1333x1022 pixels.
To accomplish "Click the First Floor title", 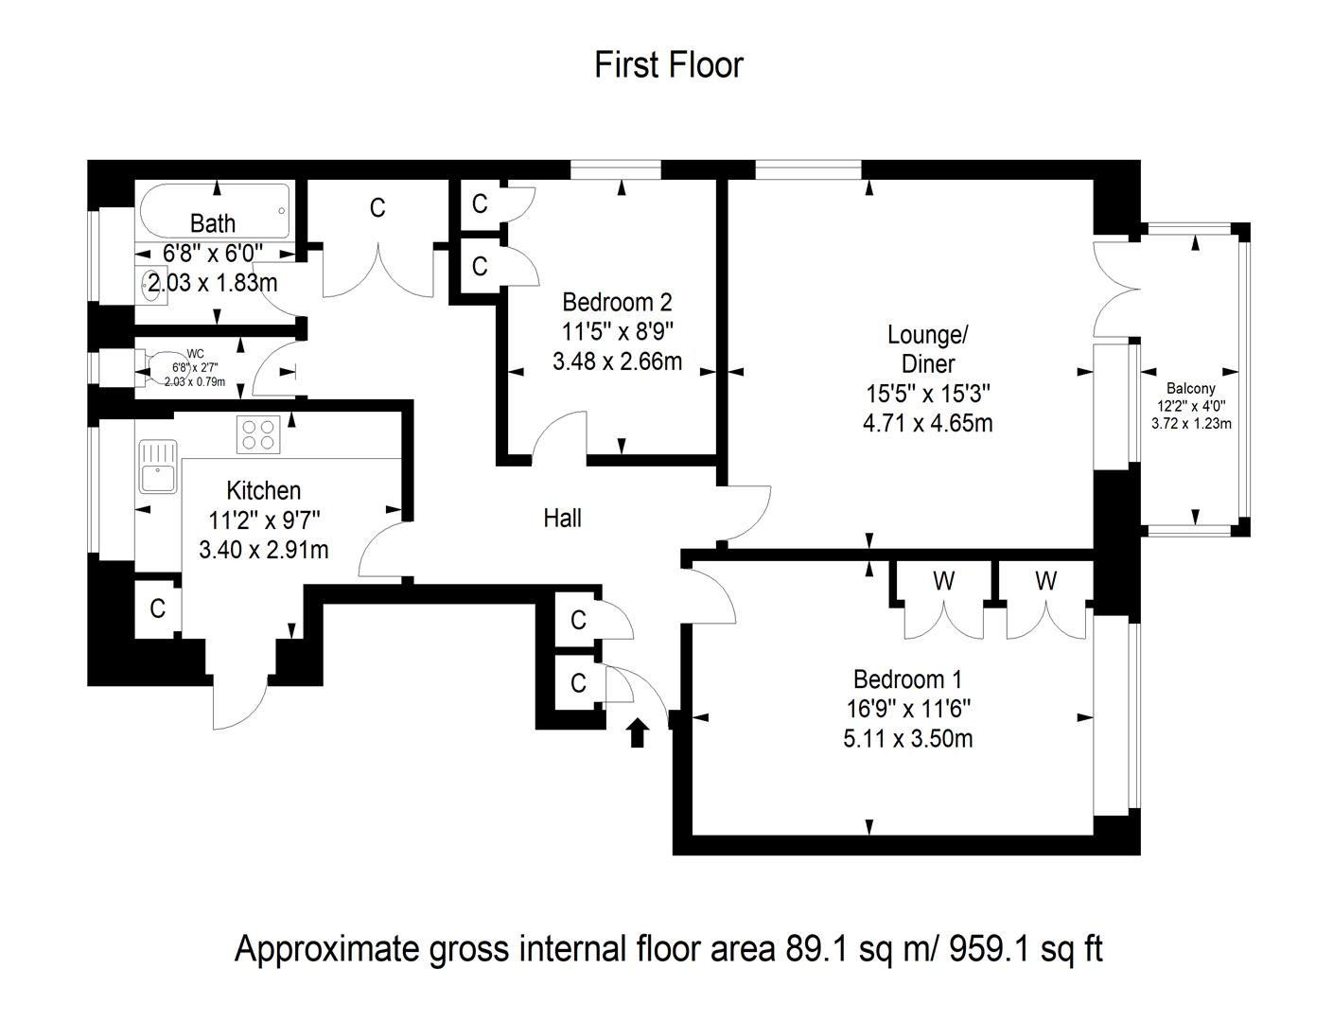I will click(668, 65).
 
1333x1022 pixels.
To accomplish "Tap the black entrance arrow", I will click(638, 731).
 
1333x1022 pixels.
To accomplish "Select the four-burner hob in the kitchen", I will click(258, 434).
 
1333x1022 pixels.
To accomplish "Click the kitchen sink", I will click(158, 466).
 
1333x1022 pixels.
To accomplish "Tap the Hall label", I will click(562, 518).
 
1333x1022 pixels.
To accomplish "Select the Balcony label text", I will click(1190, 388).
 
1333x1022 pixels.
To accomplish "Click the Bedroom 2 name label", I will click(617, 302).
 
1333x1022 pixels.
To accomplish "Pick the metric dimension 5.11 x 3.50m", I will click(907, 738).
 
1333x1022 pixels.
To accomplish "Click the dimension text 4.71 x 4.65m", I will click(927, 422).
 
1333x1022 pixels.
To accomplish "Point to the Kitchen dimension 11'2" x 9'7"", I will click(264, 520).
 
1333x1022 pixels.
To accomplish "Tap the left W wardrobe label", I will click(943, 581).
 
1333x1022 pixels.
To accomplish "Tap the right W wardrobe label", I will click(1044, 581).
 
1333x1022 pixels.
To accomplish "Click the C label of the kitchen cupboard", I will click(157, 608).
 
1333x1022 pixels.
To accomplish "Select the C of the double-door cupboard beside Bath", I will click(377, 207).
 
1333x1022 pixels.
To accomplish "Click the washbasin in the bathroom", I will click(149, 284).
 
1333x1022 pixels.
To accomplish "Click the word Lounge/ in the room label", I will click(927, 335).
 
